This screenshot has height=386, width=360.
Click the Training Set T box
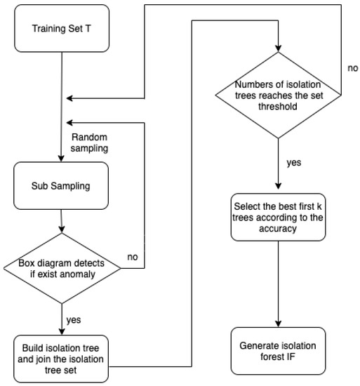click(x=61, y=29)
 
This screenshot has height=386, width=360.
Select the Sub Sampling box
click(x=61, y=187)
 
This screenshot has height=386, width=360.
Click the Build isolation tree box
click(x=61, y=359)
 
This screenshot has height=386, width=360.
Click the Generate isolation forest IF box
click(x=279, y=351)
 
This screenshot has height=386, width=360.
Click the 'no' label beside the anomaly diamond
click(x=132, y=257)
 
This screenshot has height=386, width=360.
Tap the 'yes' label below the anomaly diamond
click(x=72, y=319)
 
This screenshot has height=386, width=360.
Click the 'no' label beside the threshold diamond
click(x=353, y=69)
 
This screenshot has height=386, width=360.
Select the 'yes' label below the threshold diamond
click(x=294, y=162)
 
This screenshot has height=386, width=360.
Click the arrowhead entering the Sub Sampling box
click(x=62, y=159)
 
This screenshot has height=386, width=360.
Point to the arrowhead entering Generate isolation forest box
click(x=279, y=323)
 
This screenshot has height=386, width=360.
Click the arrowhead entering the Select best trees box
click(x=279, y=186)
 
